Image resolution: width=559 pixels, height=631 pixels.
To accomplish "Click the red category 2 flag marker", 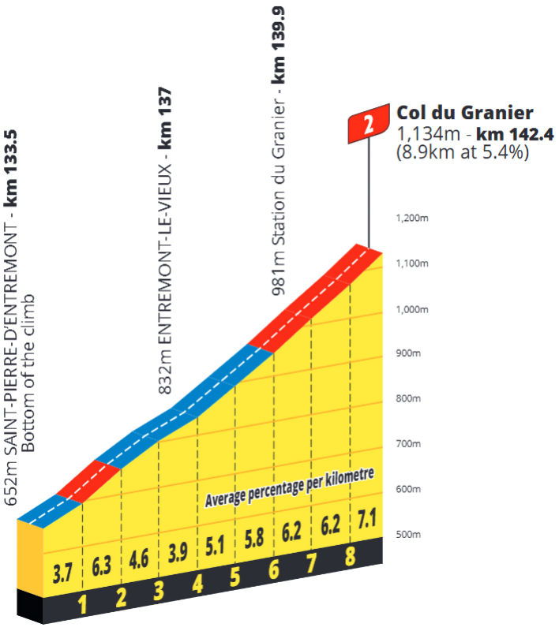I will tap(368, 123).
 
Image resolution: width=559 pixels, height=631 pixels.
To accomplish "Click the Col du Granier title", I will tap(455, 112).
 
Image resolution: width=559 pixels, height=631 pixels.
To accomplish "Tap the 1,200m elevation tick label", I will tap(411, 218).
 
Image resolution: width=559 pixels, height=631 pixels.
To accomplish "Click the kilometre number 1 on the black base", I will tap(83, 606).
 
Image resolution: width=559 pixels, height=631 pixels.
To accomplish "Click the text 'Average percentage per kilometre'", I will tap(288, 487).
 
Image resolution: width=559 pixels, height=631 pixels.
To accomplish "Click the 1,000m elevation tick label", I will tap(411, 308).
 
